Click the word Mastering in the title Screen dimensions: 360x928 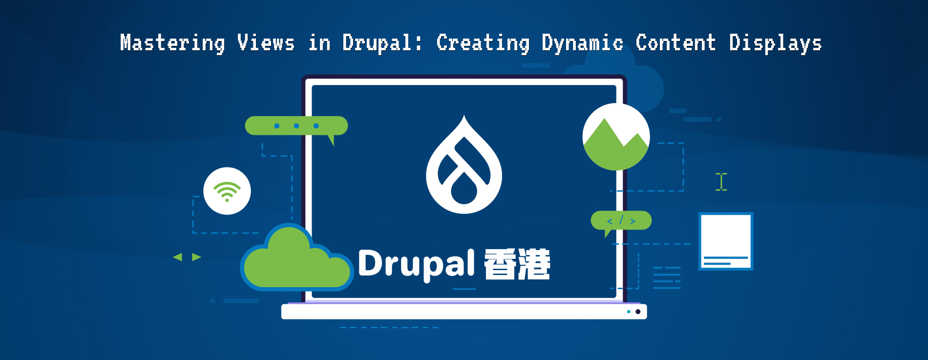pos(172,43)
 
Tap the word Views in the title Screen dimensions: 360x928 pos(266,43)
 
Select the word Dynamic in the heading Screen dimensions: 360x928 pos(582,43)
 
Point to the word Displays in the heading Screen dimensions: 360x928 pos(775,43)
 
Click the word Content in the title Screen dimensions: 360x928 pos(675,43)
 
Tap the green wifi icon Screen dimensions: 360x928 pos(227,191)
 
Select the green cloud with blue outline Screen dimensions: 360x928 pos(296,261)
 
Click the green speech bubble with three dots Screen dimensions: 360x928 pos(296,126)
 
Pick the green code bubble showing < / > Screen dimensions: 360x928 pos(621,221)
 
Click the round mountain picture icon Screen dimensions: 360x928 pos(616,137)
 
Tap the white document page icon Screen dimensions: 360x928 pos(726,241)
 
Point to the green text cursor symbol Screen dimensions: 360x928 pos(721,182)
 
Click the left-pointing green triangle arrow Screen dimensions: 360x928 pos(178,257)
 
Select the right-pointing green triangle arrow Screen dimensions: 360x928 pos(196,257)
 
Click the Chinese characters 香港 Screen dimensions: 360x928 pos(517,264)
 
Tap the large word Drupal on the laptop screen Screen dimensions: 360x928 pos(416,264)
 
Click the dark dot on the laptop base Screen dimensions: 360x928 pos(638,312)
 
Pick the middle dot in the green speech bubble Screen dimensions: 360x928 pos(296,126)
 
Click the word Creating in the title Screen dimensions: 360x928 pos(483,43)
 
